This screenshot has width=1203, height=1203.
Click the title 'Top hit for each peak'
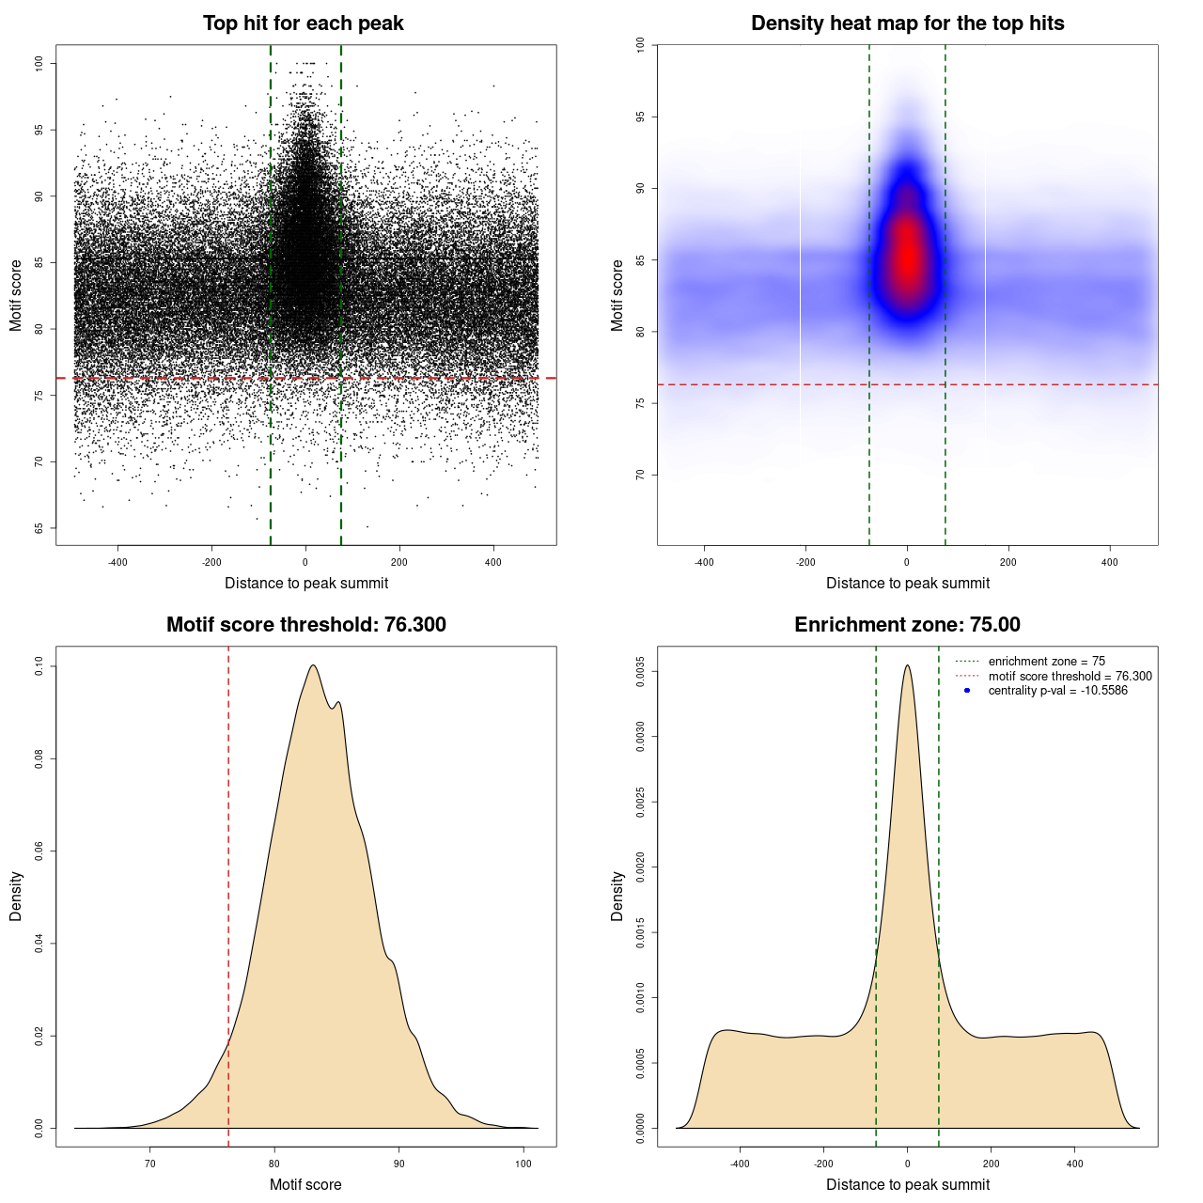(x=303, y=23)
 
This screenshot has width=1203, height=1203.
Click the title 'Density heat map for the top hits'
(x=907, y=23)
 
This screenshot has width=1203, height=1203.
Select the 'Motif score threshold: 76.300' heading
(x=305, y=625)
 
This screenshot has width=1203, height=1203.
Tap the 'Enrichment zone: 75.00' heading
(x=907, y=625)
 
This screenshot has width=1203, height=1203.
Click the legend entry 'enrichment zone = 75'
(x=1046, y=662)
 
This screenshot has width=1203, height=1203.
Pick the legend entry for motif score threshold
(x=1070, y=676)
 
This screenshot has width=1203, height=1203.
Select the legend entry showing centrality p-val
(x=1057, y=691)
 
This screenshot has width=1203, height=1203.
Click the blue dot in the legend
(x=967, y=691)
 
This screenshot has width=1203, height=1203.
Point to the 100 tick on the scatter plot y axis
(x=39, y=63)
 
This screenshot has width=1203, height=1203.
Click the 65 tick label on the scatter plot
(x=39, y=528)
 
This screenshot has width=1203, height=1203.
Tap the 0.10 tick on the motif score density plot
(x=39, y=666)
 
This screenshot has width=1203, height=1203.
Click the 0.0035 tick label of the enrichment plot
(x=640, y=672)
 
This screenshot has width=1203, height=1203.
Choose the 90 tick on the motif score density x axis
(x=399, y=1164)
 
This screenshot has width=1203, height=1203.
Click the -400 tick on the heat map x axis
(x=704, y=562)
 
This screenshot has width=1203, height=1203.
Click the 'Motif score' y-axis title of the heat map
(x=617, y=295)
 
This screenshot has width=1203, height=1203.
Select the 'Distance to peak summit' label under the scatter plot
(x=306, y=584)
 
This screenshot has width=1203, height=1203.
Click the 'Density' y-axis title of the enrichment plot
(x=617, y=896)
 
